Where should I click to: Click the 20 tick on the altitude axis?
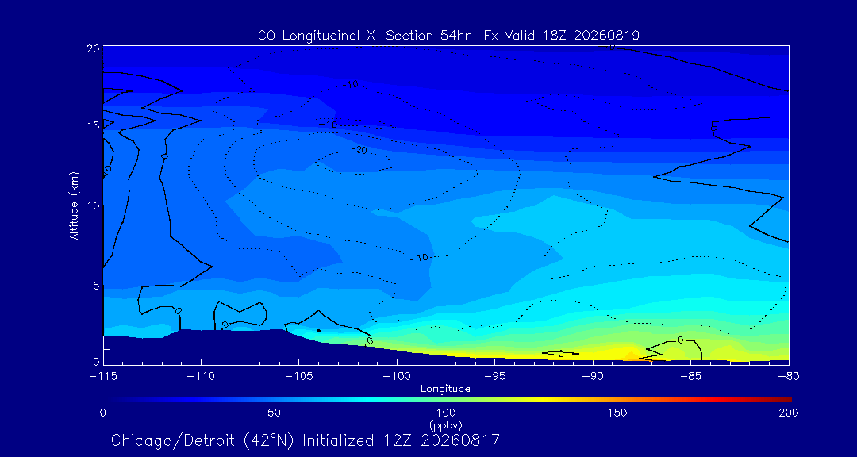click(92, 48)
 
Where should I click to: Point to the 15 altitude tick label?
click(93, 125)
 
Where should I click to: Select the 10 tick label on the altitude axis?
click(93, 205)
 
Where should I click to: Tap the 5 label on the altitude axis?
click(96, 285)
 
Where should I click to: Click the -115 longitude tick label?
click(103, 377)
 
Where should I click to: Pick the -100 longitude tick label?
click(397, 377)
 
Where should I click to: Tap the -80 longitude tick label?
click(789, 377)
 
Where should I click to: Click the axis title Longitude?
click(445, 389)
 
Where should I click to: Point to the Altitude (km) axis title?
click(75, 205)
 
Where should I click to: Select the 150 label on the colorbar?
click(617, 413)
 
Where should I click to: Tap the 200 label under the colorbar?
click(789, 413)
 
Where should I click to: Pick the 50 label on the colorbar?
click(275, 413)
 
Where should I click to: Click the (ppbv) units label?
click(445, 424)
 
